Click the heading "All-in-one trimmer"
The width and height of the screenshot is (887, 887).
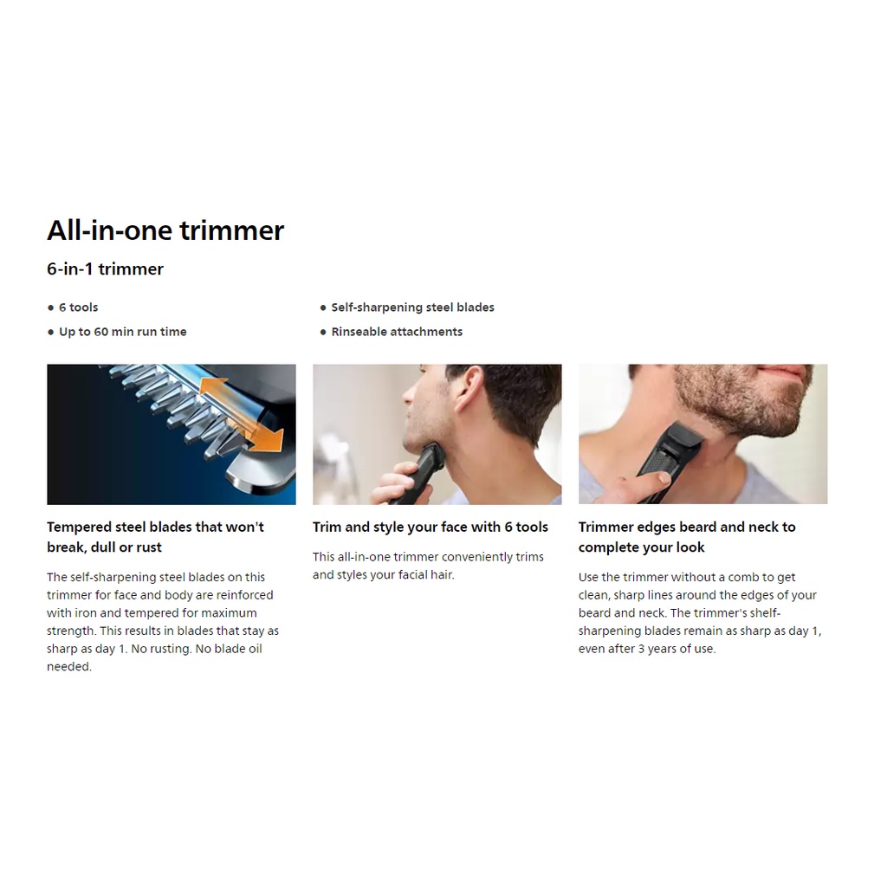click(x=165, y=230)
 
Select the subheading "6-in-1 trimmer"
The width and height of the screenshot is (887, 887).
click(x=105, y=269)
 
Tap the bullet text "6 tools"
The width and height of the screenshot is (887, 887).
click(x=79, y=308)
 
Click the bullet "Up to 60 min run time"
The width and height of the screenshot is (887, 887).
click(x=123, y=332)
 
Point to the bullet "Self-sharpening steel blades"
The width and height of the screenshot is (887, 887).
click(x=412, y=308)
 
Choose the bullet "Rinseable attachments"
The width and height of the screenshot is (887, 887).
click(x=397, y=332)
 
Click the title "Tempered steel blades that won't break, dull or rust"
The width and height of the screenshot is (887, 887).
click(x=156, y=537)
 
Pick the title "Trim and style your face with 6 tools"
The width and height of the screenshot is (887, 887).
click(x=431, y=528)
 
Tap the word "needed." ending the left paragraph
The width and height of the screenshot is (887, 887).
click(x=69, y=666)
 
